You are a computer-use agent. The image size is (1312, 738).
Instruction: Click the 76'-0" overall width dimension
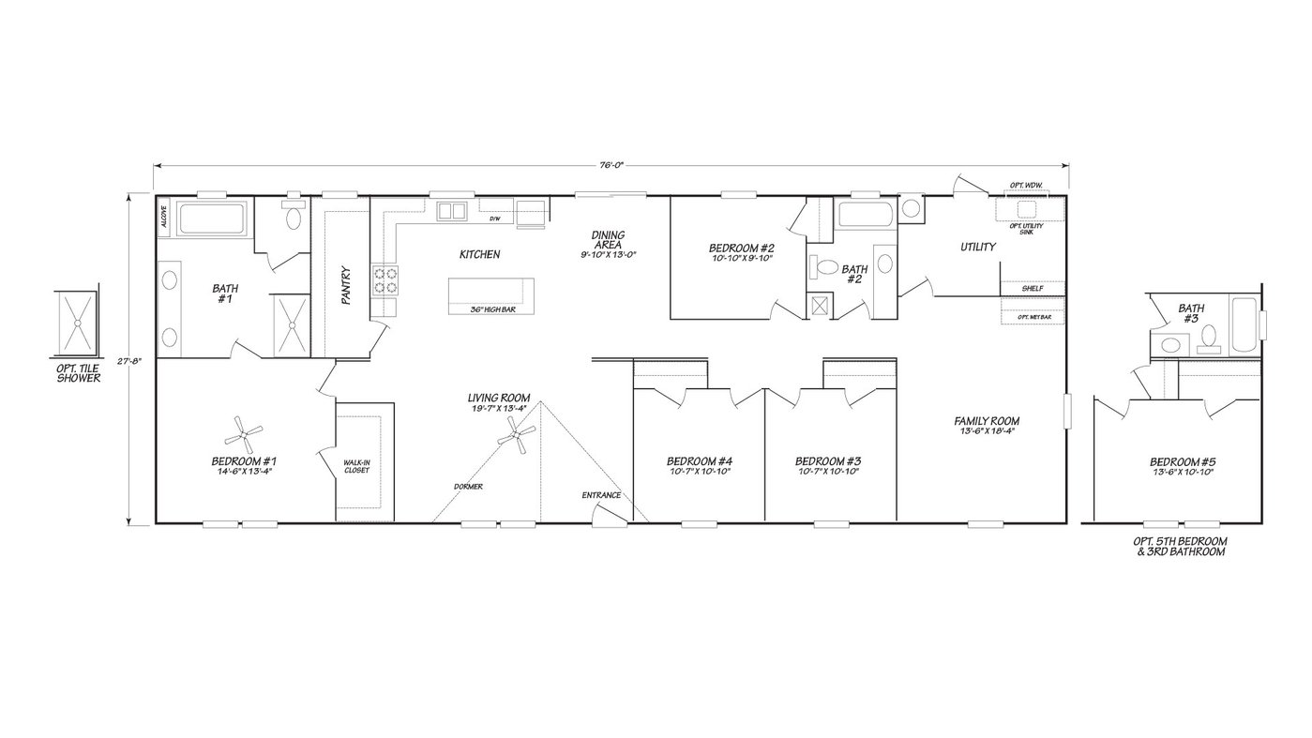pyautogui.click(x=611, y=165)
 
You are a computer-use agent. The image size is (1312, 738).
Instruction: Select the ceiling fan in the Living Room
pyautogui.click(x=517, y=435)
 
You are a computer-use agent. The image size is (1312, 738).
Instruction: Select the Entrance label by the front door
pyautogui.click(x=601, y=495)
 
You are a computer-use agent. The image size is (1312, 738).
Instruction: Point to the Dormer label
pyautogui.click(x=468, y=488)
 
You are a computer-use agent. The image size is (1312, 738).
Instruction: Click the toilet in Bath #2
pyautogui.click(x=825, y=267)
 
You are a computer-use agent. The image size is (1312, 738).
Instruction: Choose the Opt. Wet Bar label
pyautogui.click(x=1033, y=318)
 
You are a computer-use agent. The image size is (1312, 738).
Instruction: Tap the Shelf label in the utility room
pyautogui.click(x=1033, y=289)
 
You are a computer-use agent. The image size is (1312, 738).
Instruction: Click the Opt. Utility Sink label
pyautogui.click(x=1026, y=228)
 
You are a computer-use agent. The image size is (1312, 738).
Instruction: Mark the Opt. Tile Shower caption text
pyautogui.click(x=78, y=373)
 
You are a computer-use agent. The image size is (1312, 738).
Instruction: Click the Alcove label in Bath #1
pyautogui.click(x=163, y=218)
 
